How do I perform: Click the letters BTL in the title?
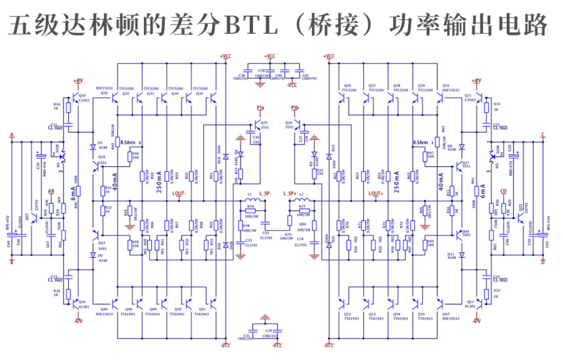pyautogui.click(x=244, y=24)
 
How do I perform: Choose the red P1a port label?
pyautogui.click(x=261, y=108)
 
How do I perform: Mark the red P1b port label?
pyautogui.click(x=295, y=108)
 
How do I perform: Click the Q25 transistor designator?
pyautogui.click(x=264, y=122)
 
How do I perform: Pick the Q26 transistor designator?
pyautogui.click(x=289, y=122)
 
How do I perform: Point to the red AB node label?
pyautogui.click(x=51, y=191)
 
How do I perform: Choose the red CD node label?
pyautogui.click(x=503, y=191)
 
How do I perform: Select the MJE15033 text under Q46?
pyautogui.click(x=104, y=314)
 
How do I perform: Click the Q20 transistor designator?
pyautogui.click(x=82, y=96)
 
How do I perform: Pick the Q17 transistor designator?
pyautogui.click(x=471, y=302)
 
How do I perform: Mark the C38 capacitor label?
pyautogui.click(x=262, y=70)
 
